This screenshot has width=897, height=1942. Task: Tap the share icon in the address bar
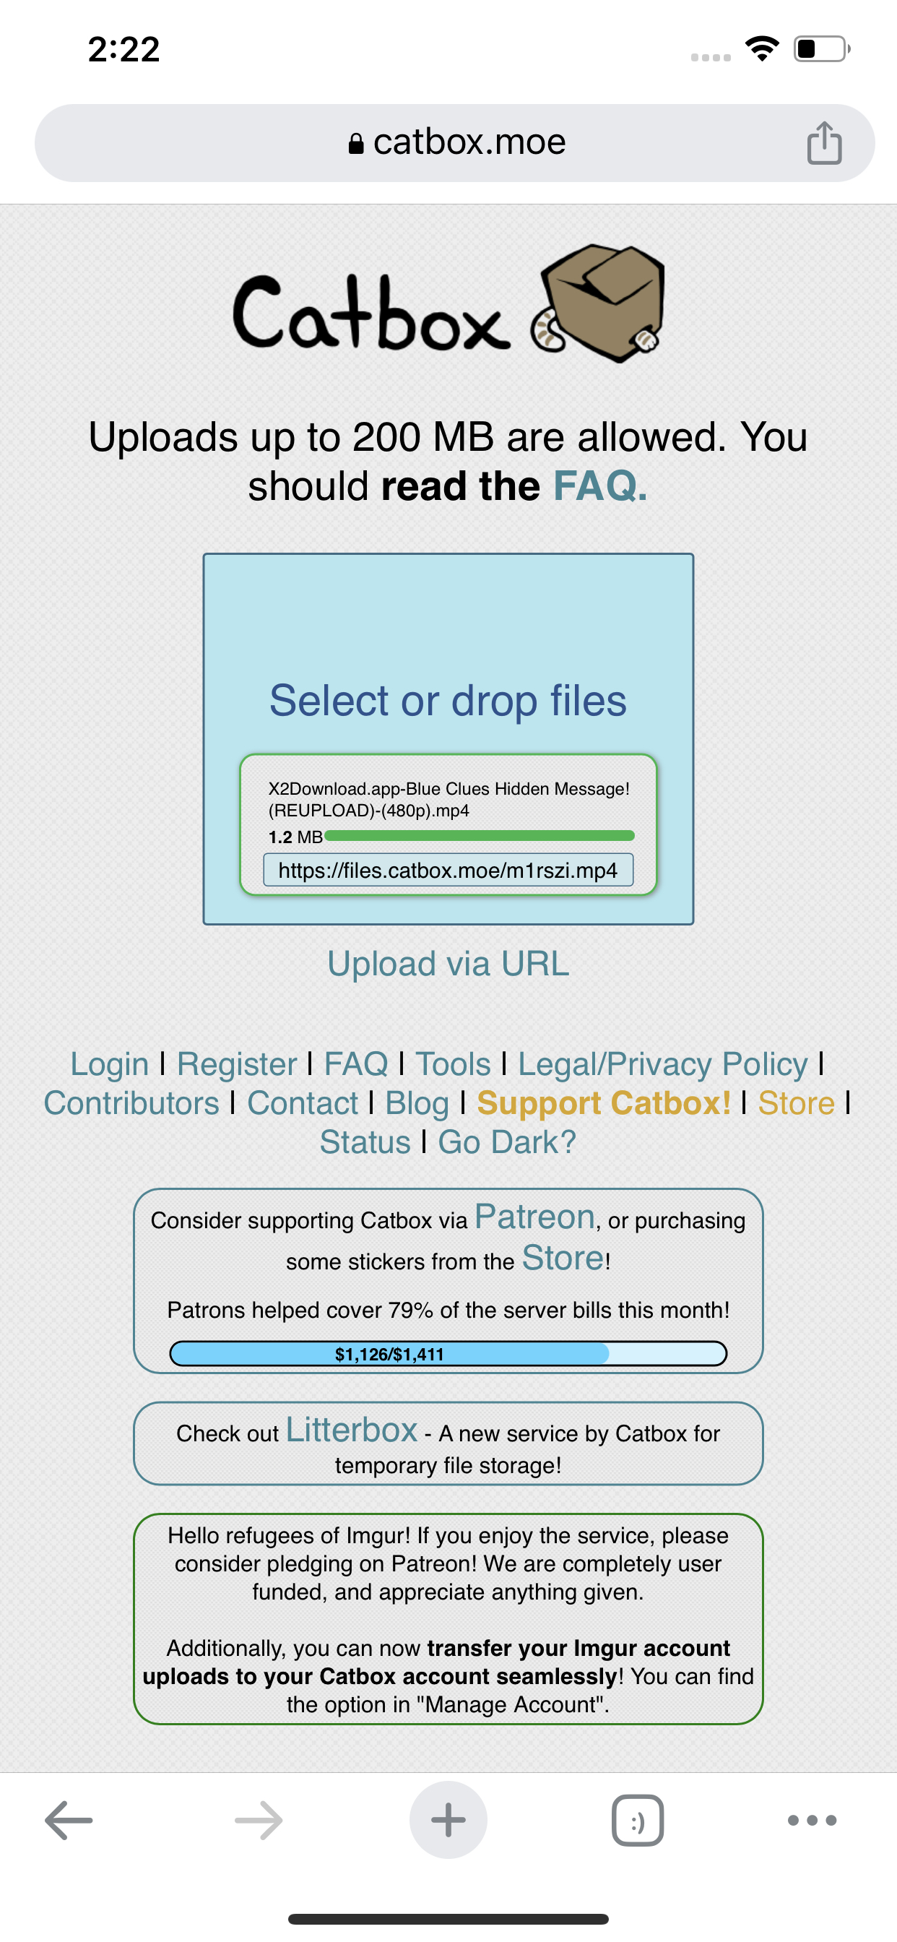(x=824, y=142)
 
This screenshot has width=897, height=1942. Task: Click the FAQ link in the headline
(x=600, y=485)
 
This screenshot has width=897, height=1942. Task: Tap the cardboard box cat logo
(x=599, y=302)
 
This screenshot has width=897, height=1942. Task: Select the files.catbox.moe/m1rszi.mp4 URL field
(x=448, y=870)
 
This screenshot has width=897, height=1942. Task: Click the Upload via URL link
(x=448, y=964)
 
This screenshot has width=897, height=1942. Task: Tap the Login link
(x=109, y=1063)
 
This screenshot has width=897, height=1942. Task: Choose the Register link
(x=237, y=1063)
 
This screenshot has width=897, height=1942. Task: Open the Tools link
(x=453, y=1063)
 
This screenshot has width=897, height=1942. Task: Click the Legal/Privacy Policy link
(x=662, y=1063)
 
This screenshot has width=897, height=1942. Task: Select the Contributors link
(x=131, y=1103)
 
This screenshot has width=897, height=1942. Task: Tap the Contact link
(x=303, y=1103)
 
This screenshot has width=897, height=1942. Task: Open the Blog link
(x=417, y=1103)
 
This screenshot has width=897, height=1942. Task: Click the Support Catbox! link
(x=604, y=1103)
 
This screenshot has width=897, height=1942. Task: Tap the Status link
(x=365, y=1142)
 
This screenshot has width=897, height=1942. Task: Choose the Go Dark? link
(x=506, y=1142)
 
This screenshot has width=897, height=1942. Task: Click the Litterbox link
(x=351, y=1429)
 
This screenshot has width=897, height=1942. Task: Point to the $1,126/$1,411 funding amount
(x=389, y=1354)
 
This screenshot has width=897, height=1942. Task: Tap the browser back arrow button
(x=69, y=1820)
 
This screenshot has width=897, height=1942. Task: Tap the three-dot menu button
(x=812, y=1820)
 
